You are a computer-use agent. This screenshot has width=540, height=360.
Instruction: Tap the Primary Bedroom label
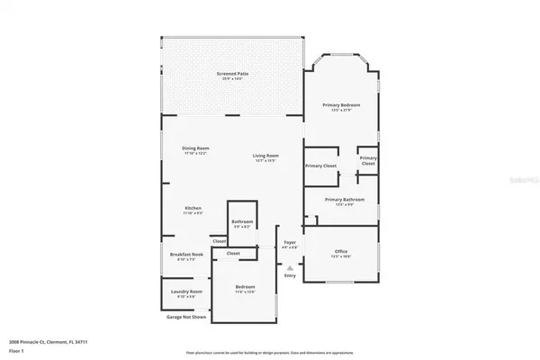click(341, 106)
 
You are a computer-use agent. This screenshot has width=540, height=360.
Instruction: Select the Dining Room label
click(195, 149)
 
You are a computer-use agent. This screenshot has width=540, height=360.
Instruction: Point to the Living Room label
click(265, 157)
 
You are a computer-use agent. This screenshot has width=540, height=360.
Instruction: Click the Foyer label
click(290, 242)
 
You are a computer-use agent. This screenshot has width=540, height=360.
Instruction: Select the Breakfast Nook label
click(186, 255)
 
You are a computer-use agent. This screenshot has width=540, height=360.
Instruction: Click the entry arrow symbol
click(290, 267)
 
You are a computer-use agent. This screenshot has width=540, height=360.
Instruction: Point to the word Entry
click(290, 275)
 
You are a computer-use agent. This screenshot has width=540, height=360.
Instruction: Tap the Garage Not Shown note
click(185, 317)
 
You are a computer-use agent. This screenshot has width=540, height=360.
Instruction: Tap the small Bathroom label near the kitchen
click(242, 222)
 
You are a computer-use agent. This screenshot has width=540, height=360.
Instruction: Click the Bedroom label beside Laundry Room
click(246, 288)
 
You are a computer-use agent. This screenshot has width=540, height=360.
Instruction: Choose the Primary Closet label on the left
click(319, 166)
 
